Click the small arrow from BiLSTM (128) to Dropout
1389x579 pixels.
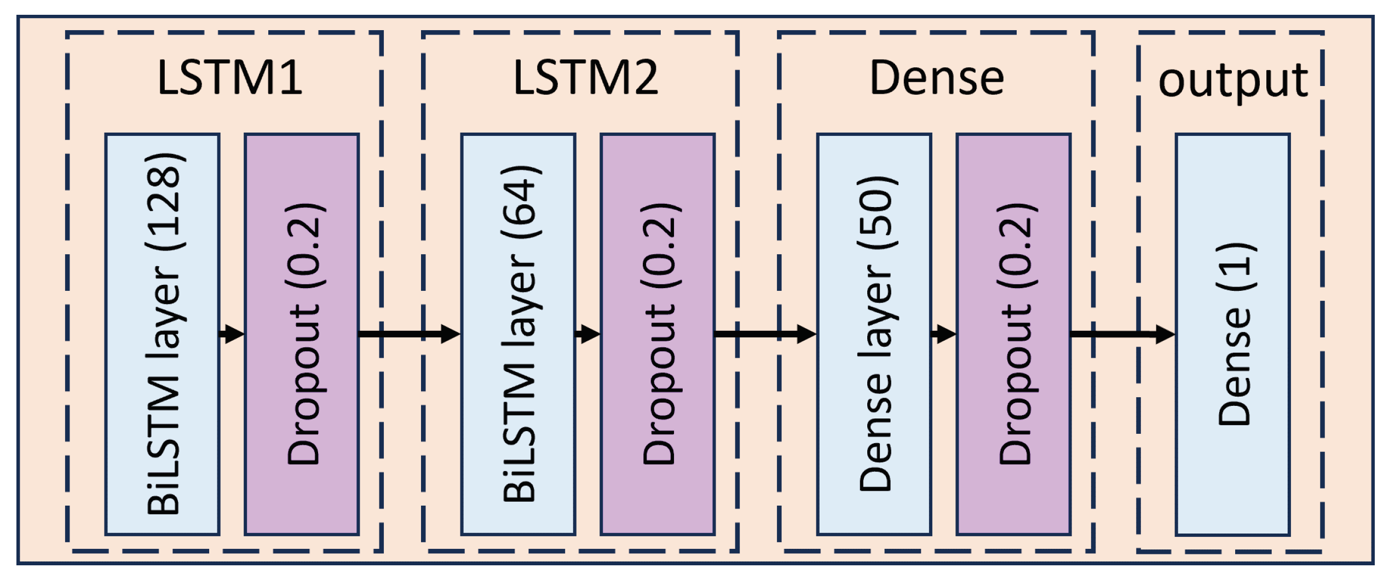coord(232,333)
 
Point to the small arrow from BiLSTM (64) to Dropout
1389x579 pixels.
coord(588,333)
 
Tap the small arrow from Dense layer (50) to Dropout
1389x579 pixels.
coord(944,333)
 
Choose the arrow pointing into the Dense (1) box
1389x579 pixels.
coord(1122,333)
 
